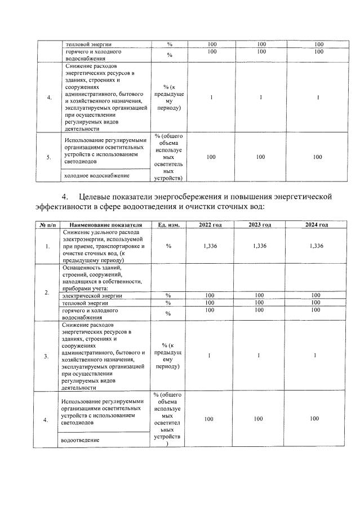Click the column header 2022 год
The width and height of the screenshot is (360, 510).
[x=211, y=225]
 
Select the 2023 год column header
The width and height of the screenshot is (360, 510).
[x=260, y=225]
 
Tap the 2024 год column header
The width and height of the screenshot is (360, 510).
[x=316, y=225]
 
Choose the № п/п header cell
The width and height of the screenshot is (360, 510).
[x=47, y=225]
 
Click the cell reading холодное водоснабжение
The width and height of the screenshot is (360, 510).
[x=97, y=176]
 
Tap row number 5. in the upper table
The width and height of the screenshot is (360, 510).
[x=48, y=157]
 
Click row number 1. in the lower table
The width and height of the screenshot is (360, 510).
[x=47, y=246]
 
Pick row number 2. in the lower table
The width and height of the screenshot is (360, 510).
[x=47, y=292]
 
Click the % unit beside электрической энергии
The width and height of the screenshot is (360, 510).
[x=168, y=295]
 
